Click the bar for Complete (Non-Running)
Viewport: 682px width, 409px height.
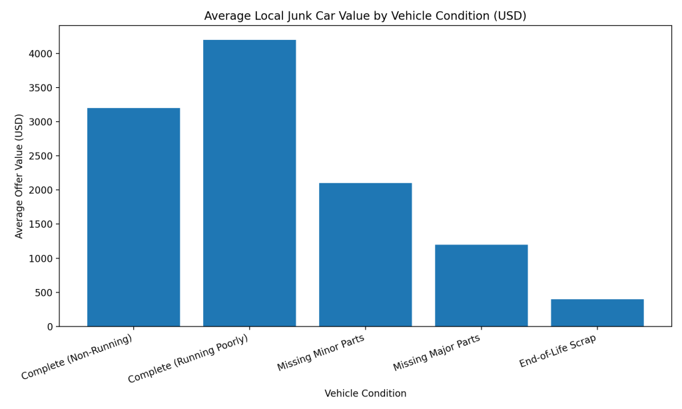(133, 217)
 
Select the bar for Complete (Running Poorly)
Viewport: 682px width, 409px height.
(249, 183)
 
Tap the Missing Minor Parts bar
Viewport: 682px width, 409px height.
(365, 254)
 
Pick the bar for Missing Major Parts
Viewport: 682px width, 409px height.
(481, 285)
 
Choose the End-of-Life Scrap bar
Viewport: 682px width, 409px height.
(597, 312)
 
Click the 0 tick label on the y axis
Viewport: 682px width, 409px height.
(49, 327)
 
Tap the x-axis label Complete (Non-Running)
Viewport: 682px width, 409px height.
(77, 357)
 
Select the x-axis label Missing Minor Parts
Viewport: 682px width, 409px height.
(321, 352)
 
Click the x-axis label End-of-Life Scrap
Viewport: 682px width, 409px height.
(558, 350)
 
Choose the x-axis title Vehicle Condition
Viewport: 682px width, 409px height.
(365, 394)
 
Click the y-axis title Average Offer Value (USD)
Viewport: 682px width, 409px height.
(19, 176)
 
